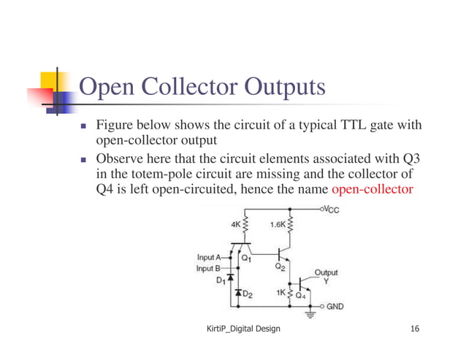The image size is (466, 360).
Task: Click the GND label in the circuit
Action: point(335,307)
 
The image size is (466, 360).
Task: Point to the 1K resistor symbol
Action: point(291,294)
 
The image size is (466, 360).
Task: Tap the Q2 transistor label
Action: point(280,267)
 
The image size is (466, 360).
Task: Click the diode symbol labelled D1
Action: point(231,278)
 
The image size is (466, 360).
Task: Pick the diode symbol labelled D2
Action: point(237,294)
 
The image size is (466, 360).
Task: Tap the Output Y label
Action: point(326,276)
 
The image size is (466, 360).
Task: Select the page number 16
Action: point(415,330)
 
